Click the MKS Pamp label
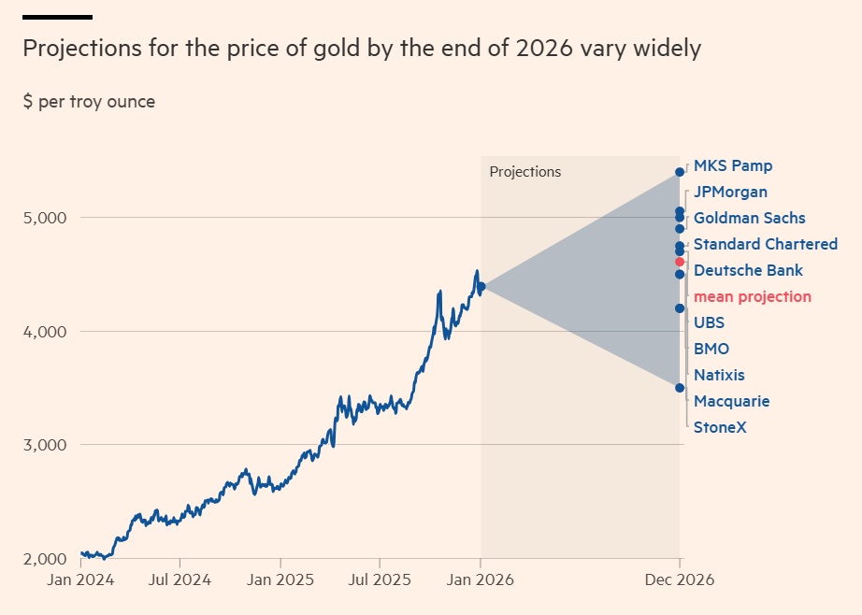coord(732,166)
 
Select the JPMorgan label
coord(730,193)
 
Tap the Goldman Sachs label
coord(749,219)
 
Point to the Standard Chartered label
coord(765,245)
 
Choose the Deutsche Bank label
coord(748,271)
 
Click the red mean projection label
coord(752,297)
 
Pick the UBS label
coord(709,323)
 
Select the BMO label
coord(711,350)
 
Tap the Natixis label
coord(719,376)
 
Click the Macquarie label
coord(731,402)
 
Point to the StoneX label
coord(720,428)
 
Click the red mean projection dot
coord(680,262)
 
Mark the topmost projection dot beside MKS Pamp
coord(680,172)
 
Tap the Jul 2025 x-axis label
coord(380,580)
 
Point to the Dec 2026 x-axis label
coord(680,580)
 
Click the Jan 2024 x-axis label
coord(81,580)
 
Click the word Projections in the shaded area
coord(525,172)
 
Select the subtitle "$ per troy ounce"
coord(90,102)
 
